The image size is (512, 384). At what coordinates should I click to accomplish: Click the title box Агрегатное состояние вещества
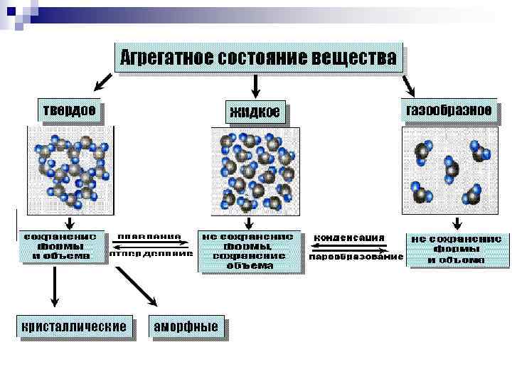[x=258, y=58]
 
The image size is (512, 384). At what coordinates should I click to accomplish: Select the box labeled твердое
[x=69, y=111]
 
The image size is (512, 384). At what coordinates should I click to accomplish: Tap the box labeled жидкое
[x=257, y=112]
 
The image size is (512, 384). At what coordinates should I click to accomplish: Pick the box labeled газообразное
[x=447, y=111]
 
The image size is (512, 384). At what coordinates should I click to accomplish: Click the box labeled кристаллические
[x=75, y=327]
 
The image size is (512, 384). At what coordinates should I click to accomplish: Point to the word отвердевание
[x=151, y=253]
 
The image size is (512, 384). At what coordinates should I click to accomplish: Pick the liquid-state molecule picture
[x=256, y=171]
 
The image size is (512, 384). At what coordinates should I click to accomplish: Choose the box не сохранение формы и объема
[x=457, y=250]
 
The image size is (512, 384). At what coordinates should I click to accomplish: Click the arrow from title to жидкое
[x=257, y=85]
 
